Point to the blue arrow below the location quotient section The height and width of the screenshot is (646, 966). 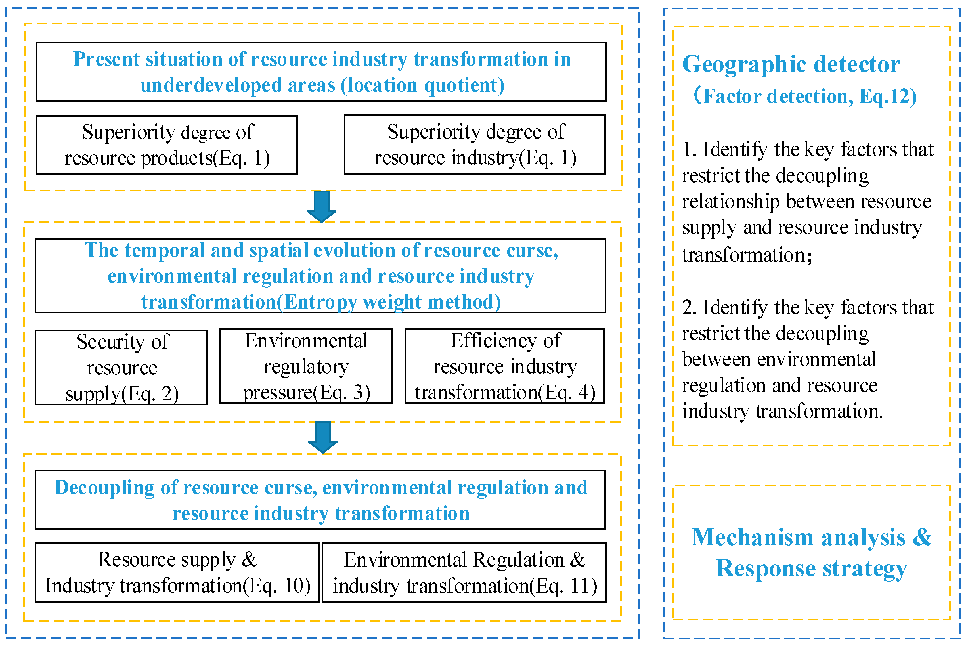click(321, 206)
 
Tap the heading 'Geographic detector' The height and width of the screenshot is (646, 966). click(791, 65)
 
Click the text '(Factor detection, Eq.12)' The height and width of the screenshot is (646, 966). click(805, 97)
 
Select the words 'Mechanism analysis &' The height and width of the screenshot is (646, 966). click(811, 537)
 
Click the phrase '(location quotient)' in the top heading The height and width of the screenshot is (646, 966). click(423, 85)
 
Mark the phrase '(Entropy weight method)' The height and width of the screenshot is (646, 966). click(388, 302)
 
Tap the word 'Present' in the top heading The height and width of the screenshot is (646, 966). click(106, 59)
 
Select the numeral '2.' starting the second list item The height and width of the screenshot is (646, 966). click(690, 307)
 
